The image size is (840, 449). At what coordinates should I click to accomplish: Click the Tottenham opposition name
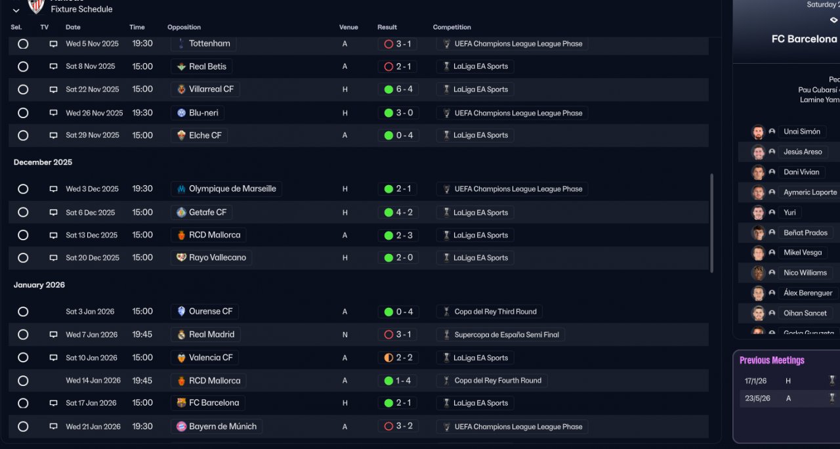coord(209,44)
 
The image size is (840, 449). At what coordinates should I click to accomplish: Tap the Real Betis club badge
coord(182,66)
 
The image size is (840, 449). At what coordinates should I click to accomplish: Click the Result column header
coord(387,28)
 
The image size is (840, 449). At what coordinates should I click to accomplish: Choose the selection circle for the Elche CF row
coord(23,135)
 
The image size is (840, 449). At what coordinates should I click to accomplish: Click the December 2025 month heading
coord(43,162)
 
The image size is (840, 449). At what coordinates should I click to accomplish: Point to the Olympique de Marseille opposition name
coord(232,189)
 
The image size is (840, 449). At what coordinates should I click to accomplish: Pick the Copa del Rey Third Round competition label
coord(495,312)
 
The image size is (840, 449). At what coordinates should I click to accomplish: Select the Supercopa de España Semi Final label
coord(507,335)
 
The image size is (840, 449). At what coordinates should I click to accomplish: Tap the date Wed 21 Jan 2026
coord(93,427)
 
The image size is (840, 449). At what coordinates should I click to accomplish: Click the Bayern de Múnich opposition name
coord(222,427)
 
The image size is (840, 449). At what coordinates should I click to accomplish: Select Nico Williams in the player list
coord(805,273)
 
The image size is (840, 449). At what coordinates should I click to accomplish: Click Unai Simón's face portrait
coord(758,132)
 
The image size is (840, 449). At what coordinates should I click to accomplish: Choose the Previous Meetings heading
coord(772,360)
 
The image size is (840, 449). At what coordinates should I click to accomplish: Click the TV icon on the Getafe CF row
coord(53,213)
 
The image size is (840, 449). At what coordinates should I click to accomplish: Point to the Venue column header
coord(348,28)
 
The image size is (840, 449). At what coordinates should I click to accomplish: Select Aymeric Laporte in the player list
coord(810,192)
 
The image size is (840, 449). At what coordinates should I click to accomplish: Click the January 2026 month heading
coord(39,285)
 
